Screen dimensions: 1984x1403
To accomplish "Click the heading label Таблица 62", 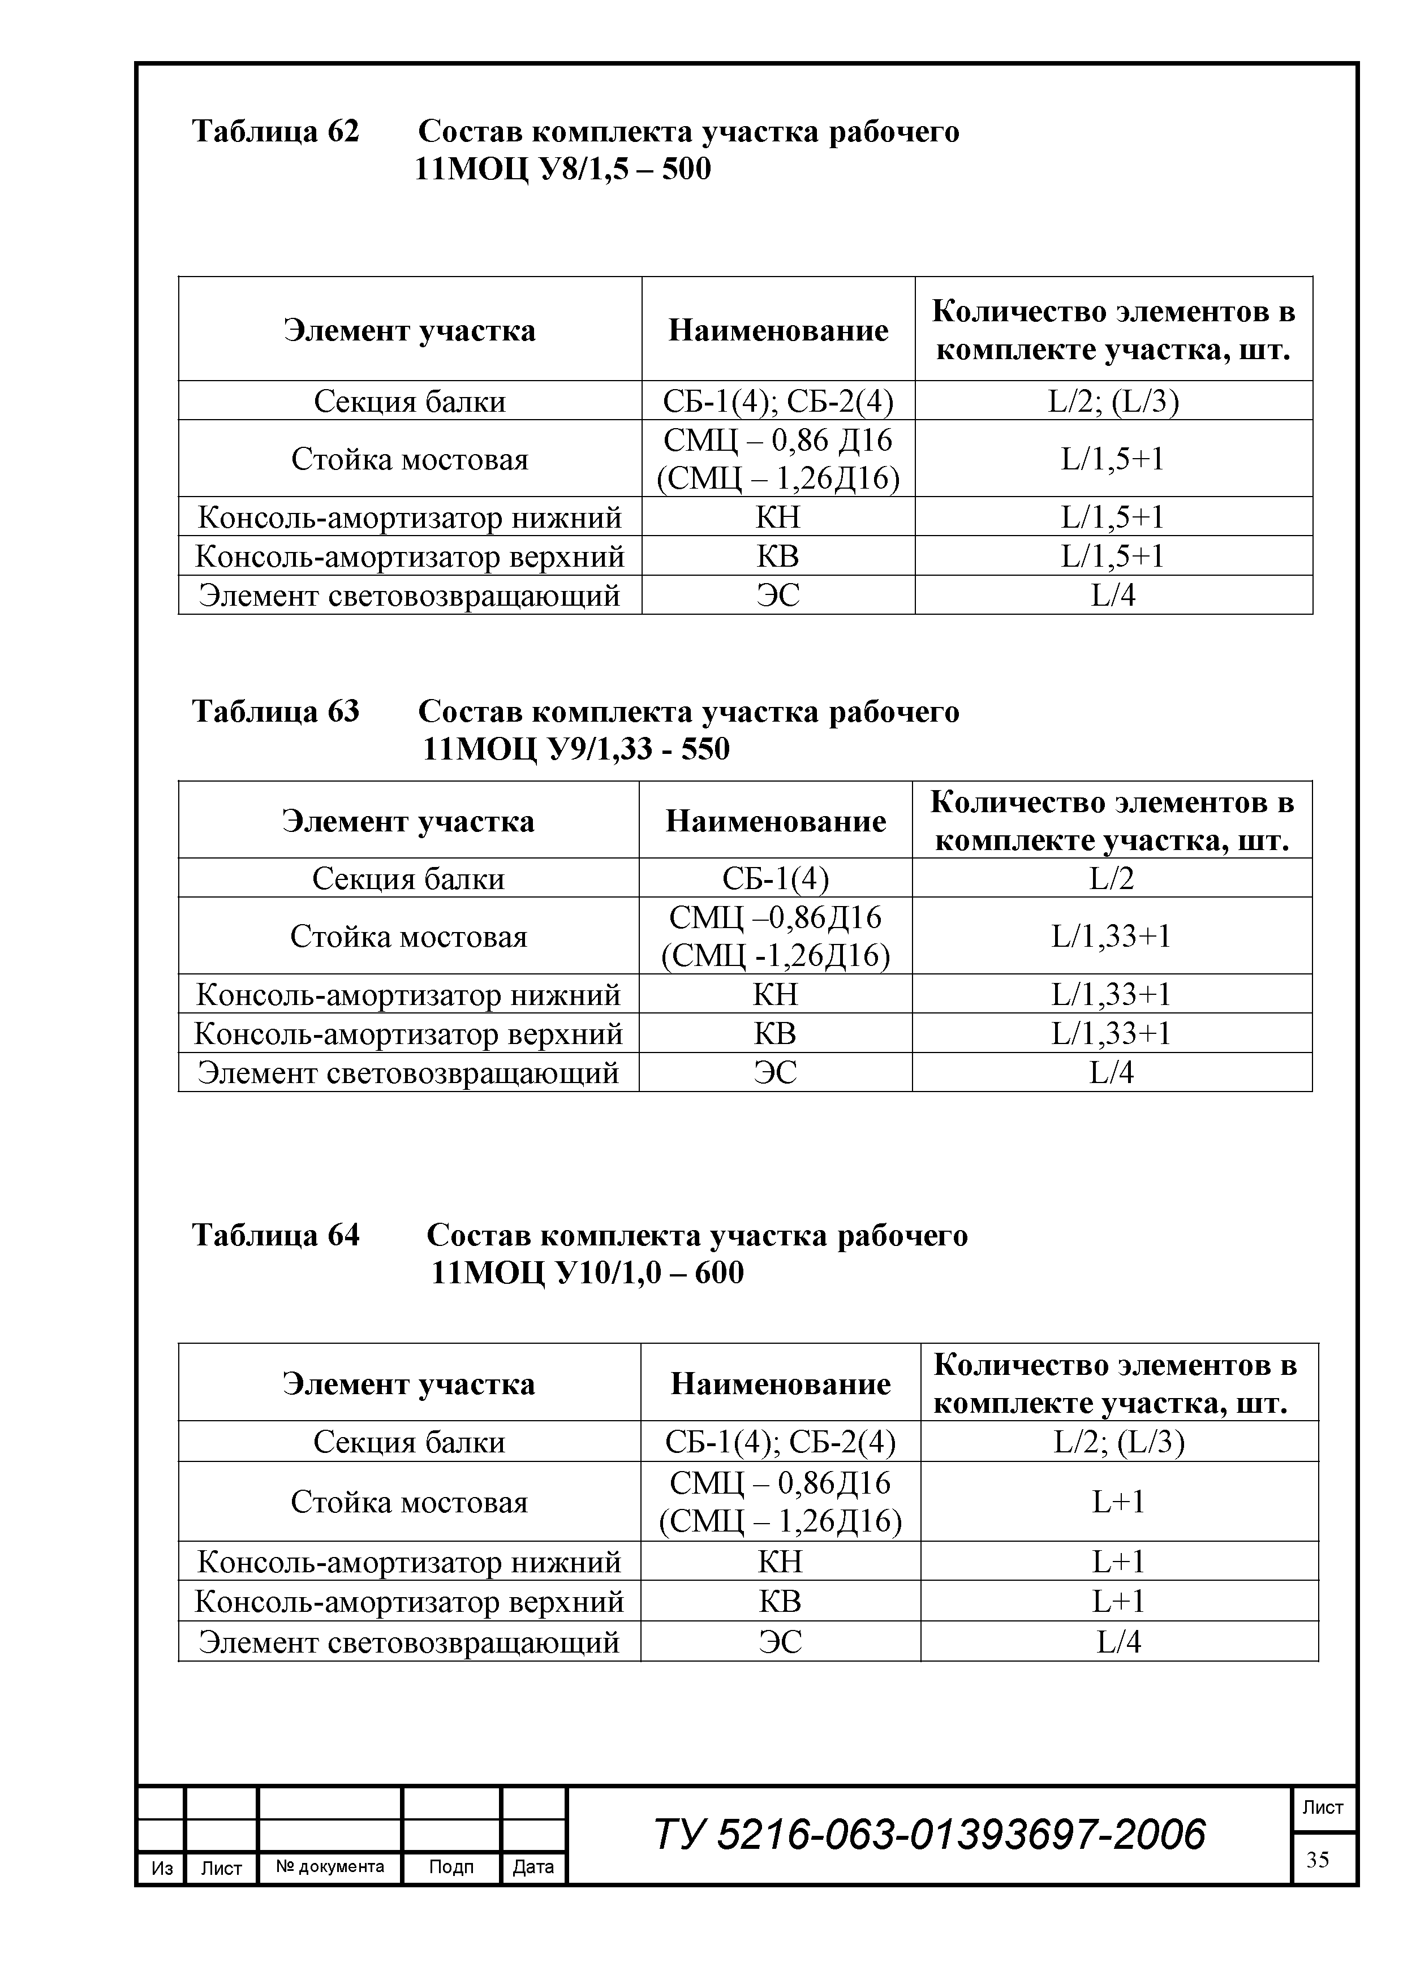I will (275, 131).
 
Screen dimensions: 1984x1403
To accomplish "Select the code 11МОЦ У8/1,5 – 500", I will (563, 169).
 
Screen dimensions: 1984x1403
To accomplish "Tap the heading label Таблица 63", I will (275, 711).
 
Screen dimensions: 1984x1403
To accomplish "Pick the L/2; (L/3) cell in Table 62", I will (1113, 401).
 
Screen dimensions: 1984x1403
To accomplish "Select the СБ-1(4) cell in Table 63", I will (776, 878).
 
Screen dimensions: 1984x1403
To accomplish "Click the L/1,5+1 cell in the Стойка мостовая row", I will (1113, 459).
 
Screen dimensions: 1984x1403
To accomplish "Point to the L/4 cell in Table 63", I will (1112, 1072).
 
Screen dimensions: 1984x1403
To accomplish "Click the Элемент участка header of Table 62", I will (410, 330).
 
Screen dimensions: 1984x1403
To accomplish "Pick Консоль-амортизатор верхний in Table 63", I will (408, 1033).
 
